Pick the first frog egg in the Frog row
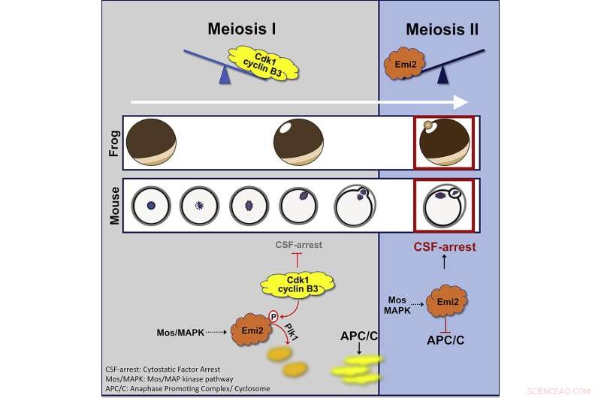150,143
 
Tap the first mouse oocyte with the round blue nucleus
151,204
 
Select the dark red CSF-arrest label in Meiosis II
444,246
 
